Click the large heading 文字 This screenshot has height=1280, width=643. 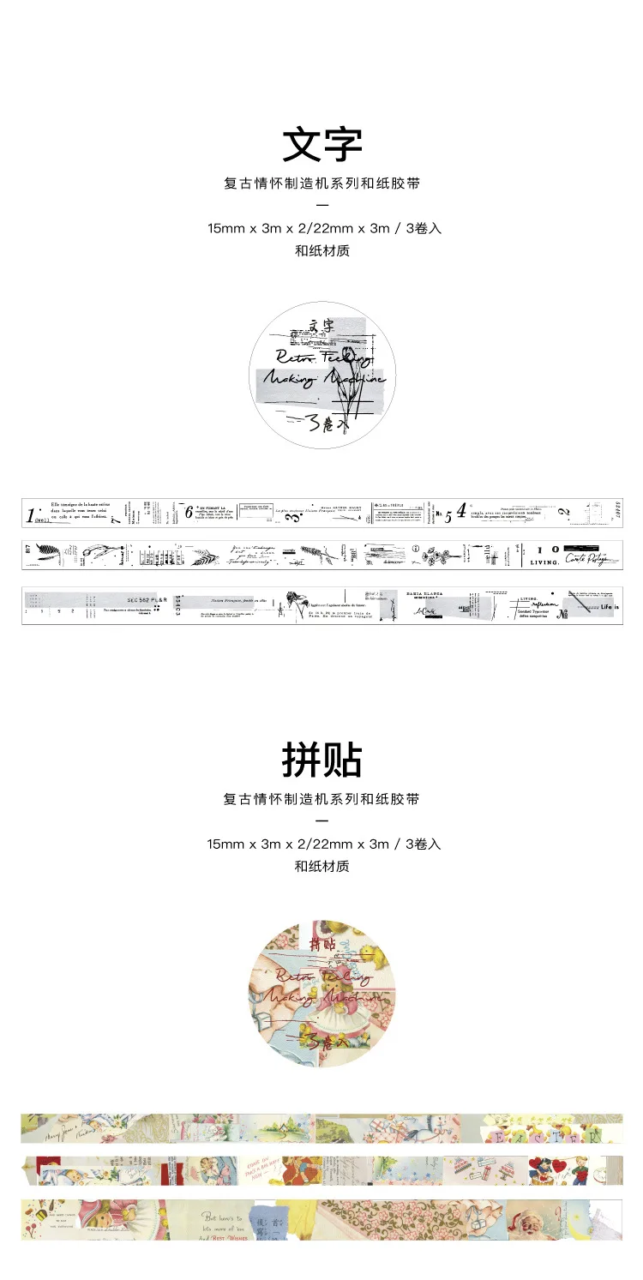coord(321,145)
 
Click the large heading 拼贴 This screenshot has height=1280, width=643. coord(321,760)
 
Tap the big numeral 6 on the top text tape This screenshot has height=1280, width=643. coord(189,513)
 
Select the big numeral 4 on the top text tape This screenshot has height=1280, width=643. coord(461,511)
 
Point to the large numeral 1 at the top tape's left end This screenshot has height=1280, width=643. coord(31,516)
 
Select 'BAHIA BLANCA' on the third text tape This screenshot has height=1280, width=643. coord(431,594)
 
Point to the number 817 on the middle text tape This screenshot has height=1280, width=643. coord(27,550)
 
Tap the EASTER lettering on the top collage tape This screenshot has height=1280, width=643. coord(549,1137)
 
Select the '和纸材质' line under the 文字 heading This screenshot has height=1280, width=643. coord(321,251)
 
